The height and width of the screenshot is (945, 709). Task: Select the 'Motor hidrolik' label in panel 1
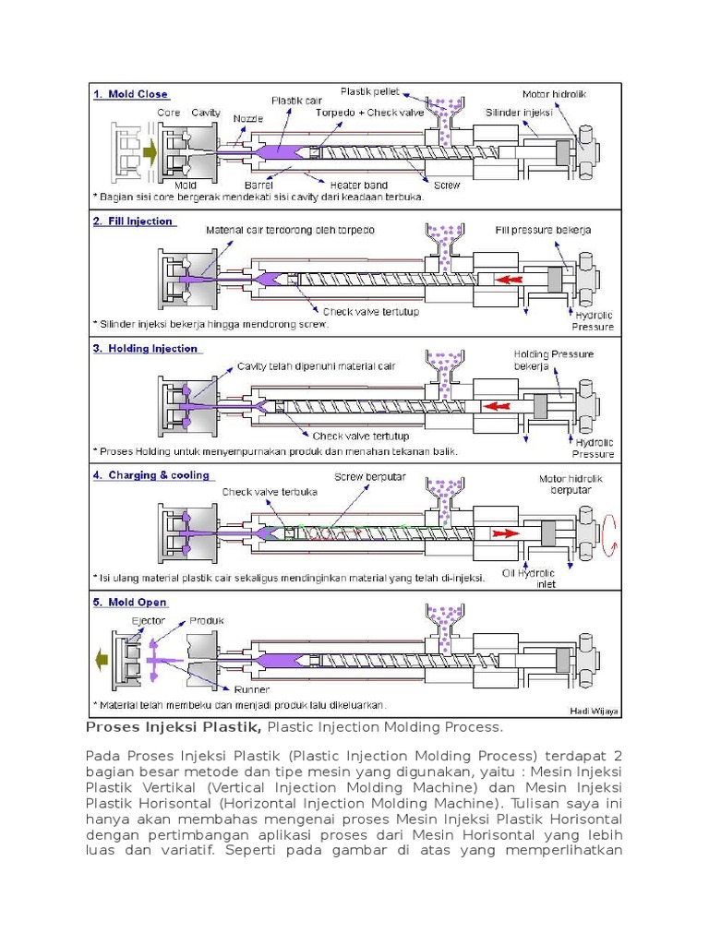[554, 94]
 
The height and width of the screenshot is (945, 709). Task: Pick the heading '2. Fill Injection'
[133, 221]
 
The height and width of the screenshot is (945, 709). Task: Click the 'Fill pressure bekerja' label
[543, 229]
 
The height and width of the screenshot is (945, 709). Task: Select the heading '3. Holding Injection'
[145, 349]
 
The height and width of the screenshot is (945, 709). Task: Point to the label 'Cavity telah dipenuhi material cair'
[316, 366]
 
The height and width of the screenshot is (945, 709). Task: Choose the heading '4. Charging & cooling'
[151, 476]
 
